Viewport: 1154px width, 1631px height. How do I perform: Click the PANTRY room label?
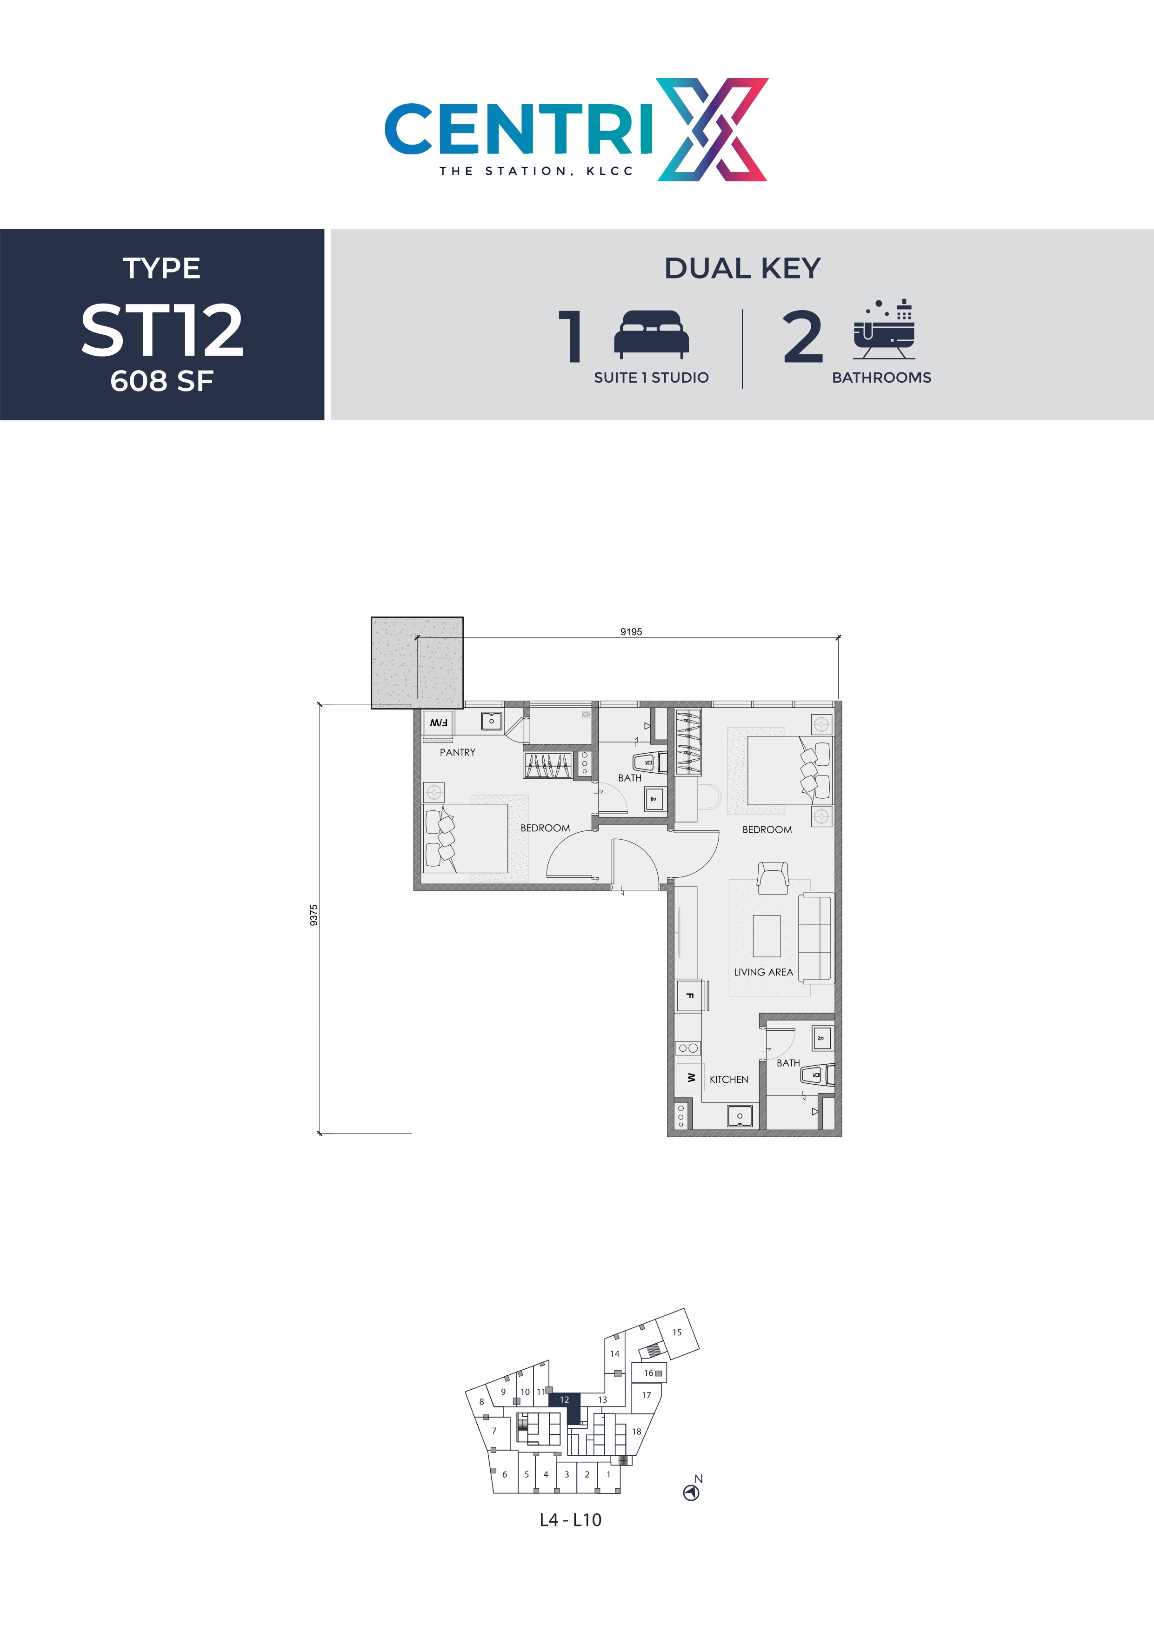coord(457,752)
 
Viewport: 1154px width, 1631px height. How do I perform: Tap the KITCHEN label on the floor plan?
coord(728,1079)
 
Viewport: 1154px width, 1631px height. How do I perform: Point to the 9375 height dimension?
coord(314,915)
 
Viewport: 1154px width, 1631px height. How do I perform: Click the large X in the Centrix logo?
coord(713,129)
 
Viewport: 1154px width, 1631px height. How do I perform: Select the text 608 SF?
coord(162,381)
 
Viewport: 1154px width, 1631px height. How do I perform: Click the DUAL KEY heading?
coord(742,269)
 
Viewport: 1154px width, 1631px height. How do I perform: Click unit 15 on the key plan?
coord(676,1333)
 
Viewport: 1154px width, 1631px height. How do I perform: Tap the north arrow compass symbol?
coord(691,1493)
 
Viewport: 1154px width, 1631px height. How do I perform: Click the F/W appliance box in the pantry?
coord(439,723)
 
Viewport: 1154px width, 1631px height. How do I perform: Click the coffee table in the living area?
coord(766,935)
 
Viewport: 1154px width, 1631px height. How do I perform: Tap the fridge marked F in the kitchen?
coord(689,996)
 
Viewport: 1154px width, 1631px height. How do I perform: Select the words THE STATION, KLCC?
coord(536,171)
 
